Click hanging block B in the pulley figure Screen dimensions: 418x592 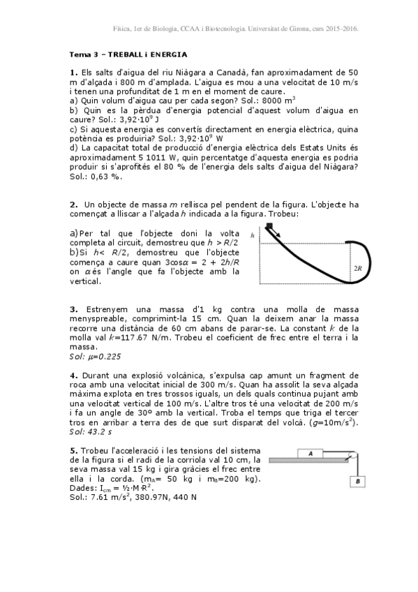(357, 481)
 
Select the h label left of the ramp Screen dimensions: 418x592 (253, 235)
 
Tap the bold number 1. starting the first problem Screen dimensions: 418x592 (73, 72)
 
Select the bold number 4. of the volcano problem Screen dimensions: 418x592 (73, 375)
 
